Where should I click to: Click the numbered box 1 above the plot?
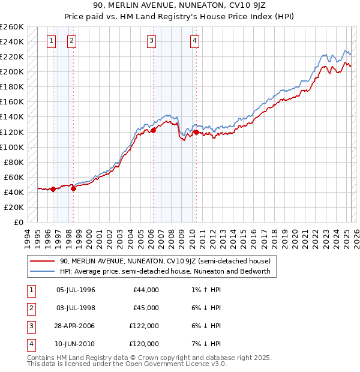(51, 41)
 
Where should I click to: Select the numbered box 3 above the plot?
(151, 41)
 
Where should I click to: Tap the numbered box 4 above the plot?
(195, 41)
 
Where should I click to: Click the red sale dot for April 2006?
(153, 130)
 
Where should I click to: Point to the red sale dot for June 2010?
(196, 131)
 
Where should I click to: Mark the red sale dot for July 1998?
(73, 188)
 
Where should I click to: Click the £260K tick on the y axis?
(11, 27)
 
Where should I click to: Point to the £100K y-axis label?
(11, 147)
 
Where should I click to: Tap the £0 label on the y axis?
(17, 222)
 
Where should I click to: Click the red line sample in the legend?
(42, 262)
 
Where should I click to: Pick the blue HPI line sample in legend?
(42, 271)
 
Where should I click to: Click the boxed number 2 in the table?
(29, 308)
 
